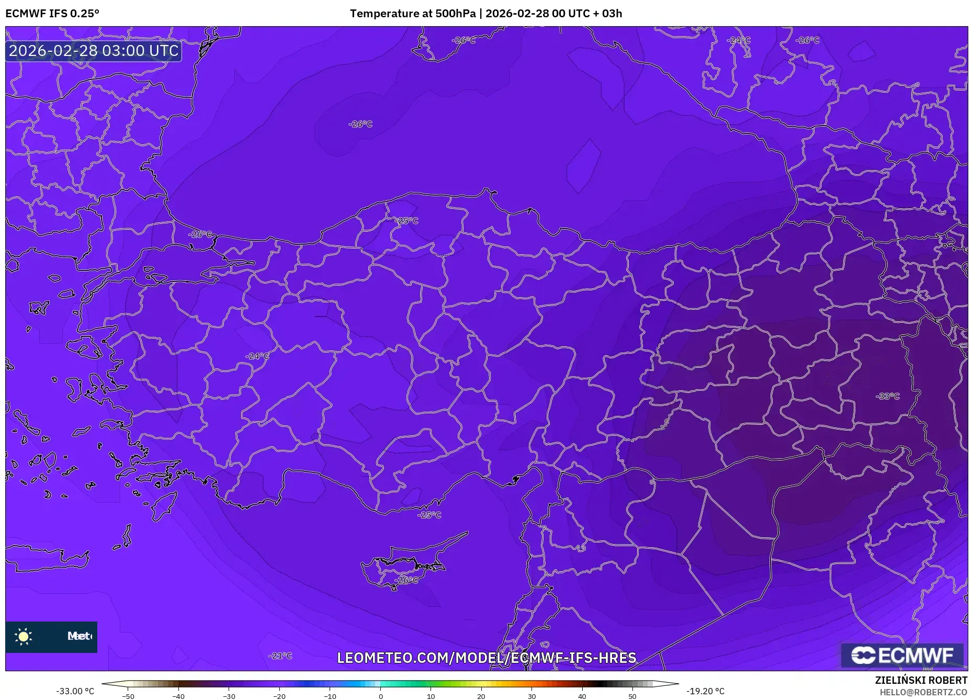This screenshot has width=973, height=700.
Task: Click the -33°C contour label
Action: click(887, 396)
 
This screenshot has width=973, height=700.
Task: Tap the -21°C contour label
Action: click(280, 656)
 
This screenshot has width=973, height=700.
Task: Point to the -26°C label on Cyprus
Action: click(406, 580)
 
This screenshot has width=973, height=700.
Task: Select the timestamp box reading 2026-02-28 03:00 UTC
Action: click(94, 51)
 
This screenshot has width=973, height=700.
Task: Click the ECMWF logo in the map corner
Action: click(902, 655)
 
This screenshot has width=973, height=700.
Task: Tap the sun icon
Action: click(24, 636)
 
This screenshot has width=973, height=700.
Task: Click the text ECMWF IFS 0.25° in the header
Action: click(52, 14)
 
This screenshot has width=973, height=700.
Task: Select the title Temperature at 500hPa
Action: click(412, 14)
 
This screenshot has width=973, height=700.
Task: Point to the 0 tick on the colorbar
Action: click(380, 696)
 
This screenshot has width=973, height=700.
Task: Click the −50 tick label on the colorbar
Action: click(128, 696)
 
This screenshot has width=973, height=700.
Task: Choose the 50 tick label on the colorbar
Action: click(632, 696)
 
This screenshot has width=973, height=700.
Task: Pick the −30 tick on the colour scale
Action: click(229, 696)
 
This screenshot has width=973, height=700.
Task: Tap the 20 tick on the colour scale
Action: click(481, 696)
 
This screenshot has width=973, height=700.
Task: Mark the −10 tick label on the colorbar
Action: click(330, 696)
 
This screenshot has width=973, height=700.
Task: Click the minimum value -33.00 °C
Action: click(75, 691)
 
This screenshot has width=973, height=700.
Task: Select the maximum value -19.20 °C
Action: click(705, 691)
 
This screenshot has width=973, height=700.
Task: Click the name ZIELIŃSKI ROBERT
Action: click(921, 680)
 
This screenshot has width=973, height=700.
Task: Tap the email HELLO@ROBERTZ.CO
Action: click(923, 692)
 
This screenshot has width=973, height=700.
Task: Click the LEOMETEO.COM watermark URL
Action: click(486, 658)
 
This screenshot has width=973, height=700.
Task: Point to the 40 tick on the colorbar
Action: click(582, 696)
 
